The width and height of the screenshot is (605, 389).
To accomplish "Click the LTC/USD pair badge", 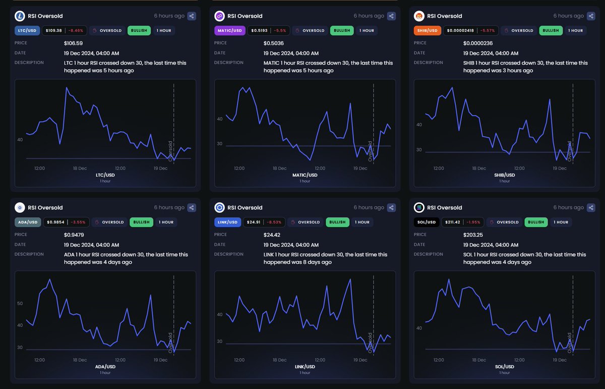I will click(27, 30).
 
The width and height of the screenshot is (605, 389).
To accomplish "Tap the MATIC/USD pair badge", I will click(229, 30).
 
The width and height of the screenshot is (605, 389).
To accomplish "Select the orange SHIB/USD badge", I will click(427, 30).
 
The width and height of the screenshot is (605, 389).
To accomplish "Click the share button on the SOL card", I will click(591, 207).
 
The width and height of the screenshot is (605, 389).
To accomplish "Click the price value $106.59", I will click(73, 43).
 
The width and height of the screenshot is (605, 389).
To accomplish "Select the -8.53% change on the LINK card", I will click(275, 222).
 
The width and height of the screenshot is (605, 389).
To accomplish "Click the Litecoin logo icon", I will click(20, 16).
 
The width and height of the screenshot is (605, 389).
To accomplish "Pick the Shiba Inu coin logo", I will click(419, 16).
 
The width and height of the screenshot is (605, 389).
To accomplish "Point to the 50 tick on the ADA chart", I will click(20, 303).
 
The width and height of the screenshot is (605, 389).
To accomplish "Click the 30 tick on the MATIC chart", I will click(219, 144).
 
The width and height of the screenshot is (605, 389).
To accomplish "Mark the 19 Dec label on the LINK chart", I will click(360, 360).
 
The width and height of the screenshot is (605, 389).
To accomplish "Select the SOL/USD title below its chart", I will click(504, 367).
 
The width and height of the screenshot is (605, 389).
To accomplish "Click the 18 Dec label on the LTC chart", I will click(79, 168).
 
